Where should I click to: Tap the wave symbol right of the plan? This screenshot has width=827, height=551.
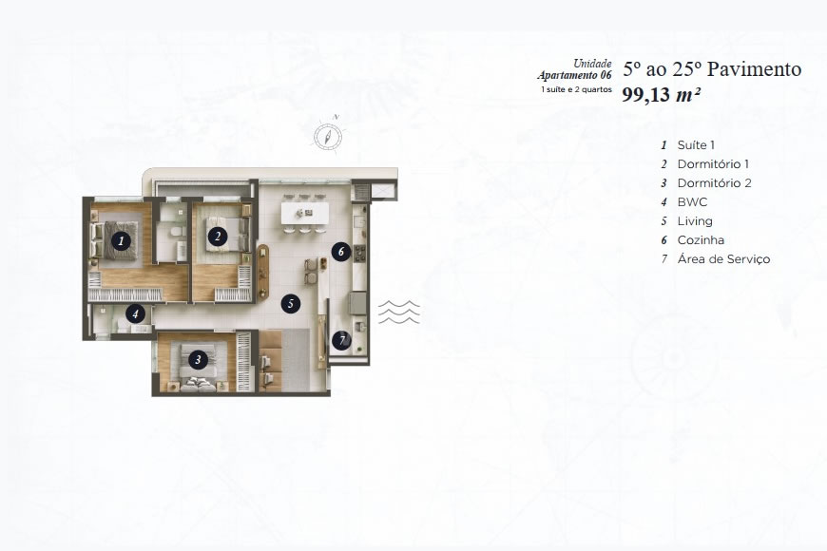(x=399, y=312)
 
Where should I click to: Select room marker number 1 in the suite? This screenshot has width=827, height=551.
(x=121, y=240)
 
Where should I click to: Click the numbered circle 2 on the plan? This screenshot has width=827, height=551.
(x=218, y=236)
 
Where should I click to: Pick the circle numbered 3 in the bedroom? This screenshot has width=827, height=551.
(x=197, y=359)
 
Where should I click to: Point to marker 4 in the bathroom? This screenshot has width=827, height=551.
(x=137, y=312)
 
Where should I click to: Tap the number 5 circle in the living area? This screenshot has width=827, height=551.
(x=292, y=304)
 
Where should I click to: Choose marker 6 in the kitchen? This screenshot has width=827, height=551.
(x=341, y=252)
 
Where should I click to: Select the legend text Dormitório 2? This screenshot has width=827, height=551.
(x=714, y=183)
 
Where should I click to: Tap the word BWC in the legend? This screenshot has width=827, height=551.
(x=692, y=202)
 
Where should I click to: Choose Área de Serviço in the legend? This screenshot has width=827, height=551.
(x=723, y=259)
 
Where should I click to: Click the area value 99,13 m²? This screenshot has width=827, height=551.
(x=662, y=94)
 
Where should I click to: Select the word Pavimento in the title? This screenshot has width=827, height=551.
(x=753, y=69)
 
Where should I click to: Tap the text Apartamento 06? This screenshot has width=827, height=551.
(x=573, y=75)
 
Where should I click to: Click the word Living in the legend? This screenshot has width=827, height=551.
(x=695, y=221)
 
